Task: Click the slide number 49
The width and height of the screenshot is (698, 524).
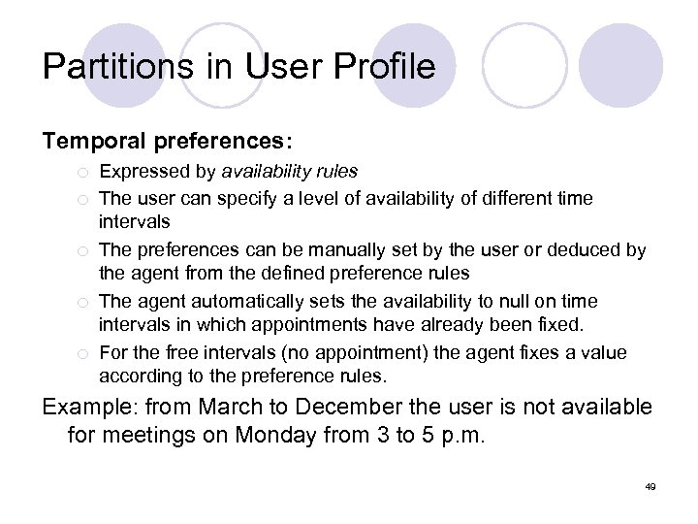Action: [650, 485]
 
